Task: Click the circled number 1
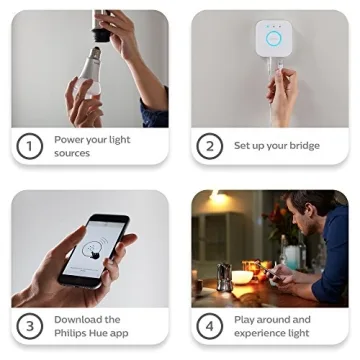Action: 30,146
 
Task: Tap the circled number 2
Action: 209,146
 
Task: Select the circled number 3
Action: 30,326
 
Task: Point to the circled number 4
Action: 209,326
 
